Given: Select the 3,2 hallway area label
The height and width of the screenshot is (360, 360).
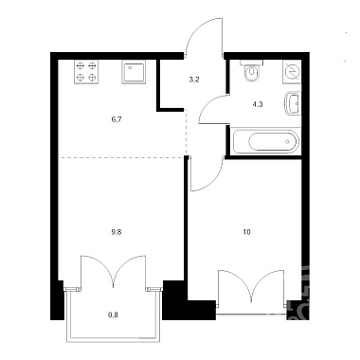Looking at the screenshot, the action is [x=194, y=80].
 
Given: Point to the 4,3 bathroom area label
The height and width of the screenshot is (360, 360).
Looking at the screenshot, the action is [x=258, y=104].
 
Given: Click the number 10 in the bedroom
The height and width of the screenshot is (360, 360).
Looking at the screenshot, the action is [x=246, y=232].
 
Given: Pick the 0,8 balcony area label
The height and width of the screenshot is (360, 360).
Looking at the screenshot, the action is [x=115, y=314].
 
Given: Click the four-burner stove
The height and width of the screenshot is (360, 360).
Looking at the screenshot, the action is [x=86, y=72].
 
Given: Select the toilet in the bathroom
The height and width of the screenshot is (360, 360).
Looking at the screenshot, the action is [x=251, y=72].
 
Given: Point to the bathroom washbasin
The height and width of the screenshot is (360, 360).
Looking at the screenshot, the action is [x=293, y=103].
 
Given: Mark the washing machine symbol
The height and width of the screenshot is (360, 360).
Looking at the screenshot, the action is [x=292, y=72].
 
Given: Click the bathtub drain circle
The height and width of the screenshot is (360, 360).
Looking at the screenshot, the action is [x=287, y=141].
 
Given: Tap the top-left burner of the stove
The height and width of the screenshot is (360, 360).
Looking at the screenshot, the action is [x=81, y=66].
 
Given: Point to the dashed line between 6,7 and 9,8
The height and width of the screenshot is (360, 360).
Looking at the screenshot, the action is [x=122, y=157].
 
